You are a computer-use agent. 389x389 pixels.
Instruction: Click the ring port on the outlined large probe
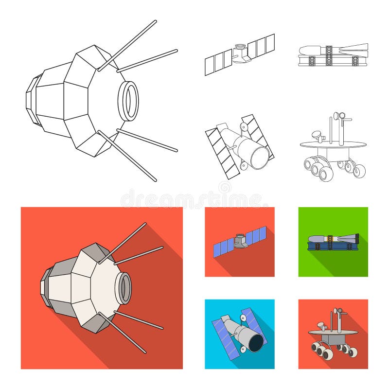point(128,101)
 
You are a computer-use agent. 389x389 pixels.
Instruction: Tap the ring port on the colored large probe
point(124,288)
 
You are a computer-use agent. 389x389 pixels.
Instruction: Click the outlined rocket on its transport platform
point(333,55)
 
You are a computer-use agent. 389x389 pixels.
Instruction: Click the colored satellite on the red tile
point(239,242)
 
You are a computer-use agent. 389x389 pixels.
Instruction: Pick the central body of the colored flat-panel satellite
point(240,240)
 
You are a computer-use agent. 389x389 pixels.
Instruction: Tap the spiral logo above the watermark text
point(225,187)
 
